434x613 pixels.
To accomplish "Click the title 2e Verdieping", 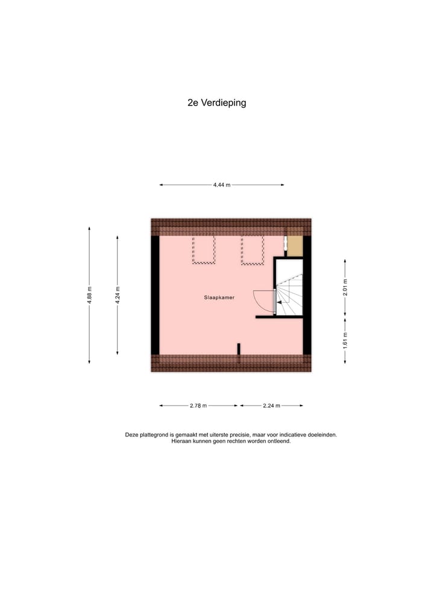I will [216, 102].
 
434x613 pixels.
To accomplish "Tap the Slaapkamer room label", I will [219, 297].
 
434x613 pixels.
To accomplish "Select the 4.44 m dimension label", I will [221, 185].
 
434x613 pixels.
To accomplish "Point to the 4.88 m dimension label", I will [89, 295].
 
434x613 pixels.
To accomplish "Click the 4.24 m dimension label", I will [118, 295].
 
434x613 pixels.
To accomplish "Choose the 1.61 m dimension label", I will [345, 339].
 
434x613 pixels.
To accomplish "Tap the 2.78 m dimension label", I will [198, 406].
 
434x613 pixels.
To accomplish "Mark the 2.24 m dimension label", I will [271, 406].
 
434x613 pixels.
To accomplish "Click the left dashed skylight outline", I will [204, 250].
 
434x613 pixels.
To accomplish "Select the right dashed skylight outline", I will [252, 250].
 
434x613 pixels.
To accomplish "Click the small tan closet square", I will [294, 246].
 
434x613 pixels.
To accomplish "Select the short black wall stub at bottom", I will [239, 348].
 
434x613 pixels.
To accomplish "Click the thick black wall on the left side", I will [155, 295].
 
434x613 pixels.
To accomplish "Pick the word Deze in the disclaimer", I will [131, 435].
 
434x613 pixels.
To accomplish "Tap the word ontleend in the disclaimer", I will [279, 441].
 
